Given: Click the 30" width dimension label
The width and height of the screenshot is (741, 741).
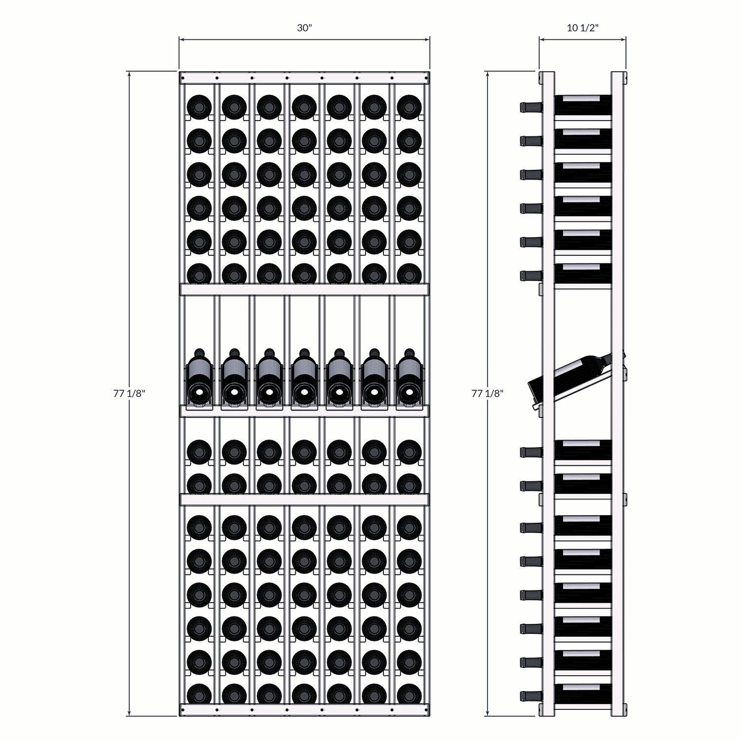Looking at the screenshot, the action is click(304, 28).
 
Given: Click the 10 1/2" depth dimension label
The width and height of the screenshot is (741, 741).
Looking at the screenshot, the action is click(583, 28).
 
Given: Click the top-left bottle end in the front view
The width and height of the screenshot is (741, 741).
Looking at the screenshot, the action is click(199, 107).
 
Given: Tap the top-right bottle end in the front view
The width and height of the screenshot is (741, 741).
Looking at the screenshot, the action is click(409, 107).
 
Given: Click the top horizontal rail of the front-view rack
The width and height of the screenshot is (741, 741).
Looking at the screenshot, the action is click(304, 78).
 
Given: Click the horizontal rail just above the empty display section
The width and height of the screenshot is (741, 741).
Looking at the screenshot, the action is click(304, 289).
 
